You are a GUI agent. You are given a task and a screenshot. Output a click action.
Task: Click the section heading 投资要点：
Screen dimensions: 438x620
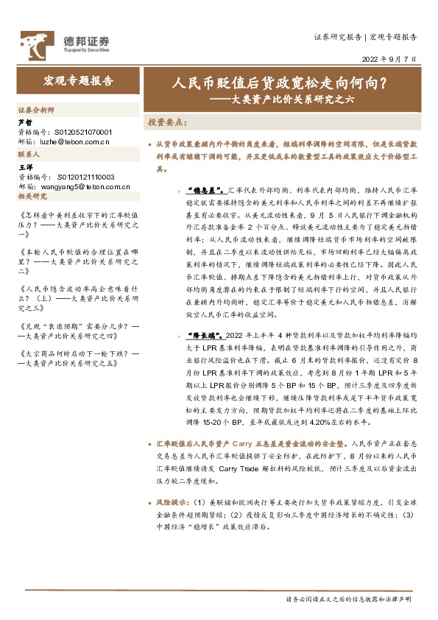167,121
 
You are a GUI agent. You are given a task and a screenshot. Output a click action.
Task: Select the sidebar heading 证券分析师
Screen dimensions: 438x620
36,109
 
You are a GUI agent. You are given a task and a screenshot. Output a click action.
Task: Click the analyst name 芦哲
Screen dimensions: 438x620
24,122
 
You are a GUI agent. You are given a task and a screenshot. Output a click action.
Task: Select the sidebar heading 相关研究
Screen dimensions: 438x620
32,197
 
